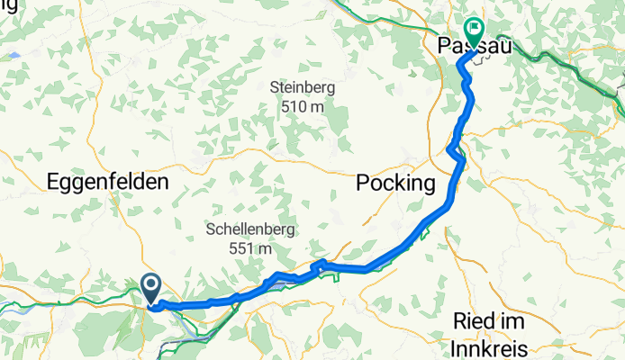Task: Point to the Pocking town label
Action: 395,183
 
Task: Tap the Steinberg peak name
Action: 302,88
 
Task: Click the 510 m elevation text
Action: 302,106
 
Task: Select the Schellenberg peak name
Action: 251,229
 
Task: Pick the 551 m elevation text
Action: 251,247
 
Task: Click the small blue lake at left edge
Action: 14,55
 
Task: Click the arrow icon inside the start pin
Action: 150,286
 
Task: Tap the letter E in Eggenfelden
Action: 52,183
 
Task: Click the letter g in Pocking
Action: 429,184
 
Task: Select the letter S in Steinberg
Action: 275,88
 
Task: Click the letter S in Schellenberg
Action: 210,229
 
